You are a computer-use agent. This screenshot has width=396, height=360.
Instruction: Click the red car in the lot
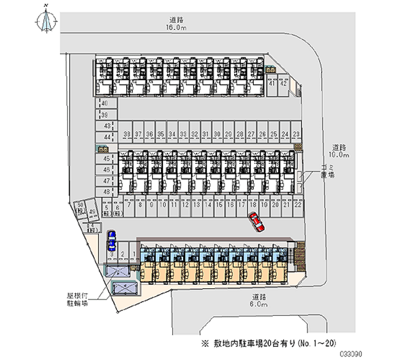click(x=257, y=221)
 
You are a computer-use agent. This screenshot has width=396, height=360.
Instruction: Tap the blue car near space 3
click(x=112, y=240)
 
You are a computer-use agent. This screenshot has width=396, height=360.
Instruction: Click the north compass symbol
click(x=47, y=20)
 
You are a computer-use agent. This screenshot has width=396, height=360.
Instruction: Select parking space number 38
click(x=127, y=134)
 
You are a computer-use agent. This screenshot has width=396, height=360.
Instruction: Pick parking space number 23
click(x=296, y=134)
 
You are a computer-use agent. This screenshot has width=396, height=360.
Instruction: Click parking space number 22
click(x=297, y=204)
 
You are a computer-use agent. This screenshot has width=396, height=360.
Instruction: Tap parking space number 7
click(x=129, y=204)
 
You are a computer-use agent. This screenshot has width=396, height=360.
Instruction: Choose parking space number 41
click(x=272, y=83)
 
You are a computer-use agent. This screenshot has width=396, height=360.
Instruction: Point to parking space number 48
click(x=106, y=191)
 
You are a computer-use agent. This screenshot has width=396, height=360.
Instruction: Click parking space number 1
click(x=133, y=254)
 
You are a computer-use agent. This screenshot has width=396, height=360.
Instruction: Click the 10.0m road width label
click(x=341, y=155)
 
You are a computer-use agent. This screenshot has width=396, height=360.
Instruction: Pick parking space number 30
click(x=217, y=134)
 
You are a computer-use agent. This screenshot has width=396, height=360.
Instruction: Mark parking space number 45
click(x=106, y=159)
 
